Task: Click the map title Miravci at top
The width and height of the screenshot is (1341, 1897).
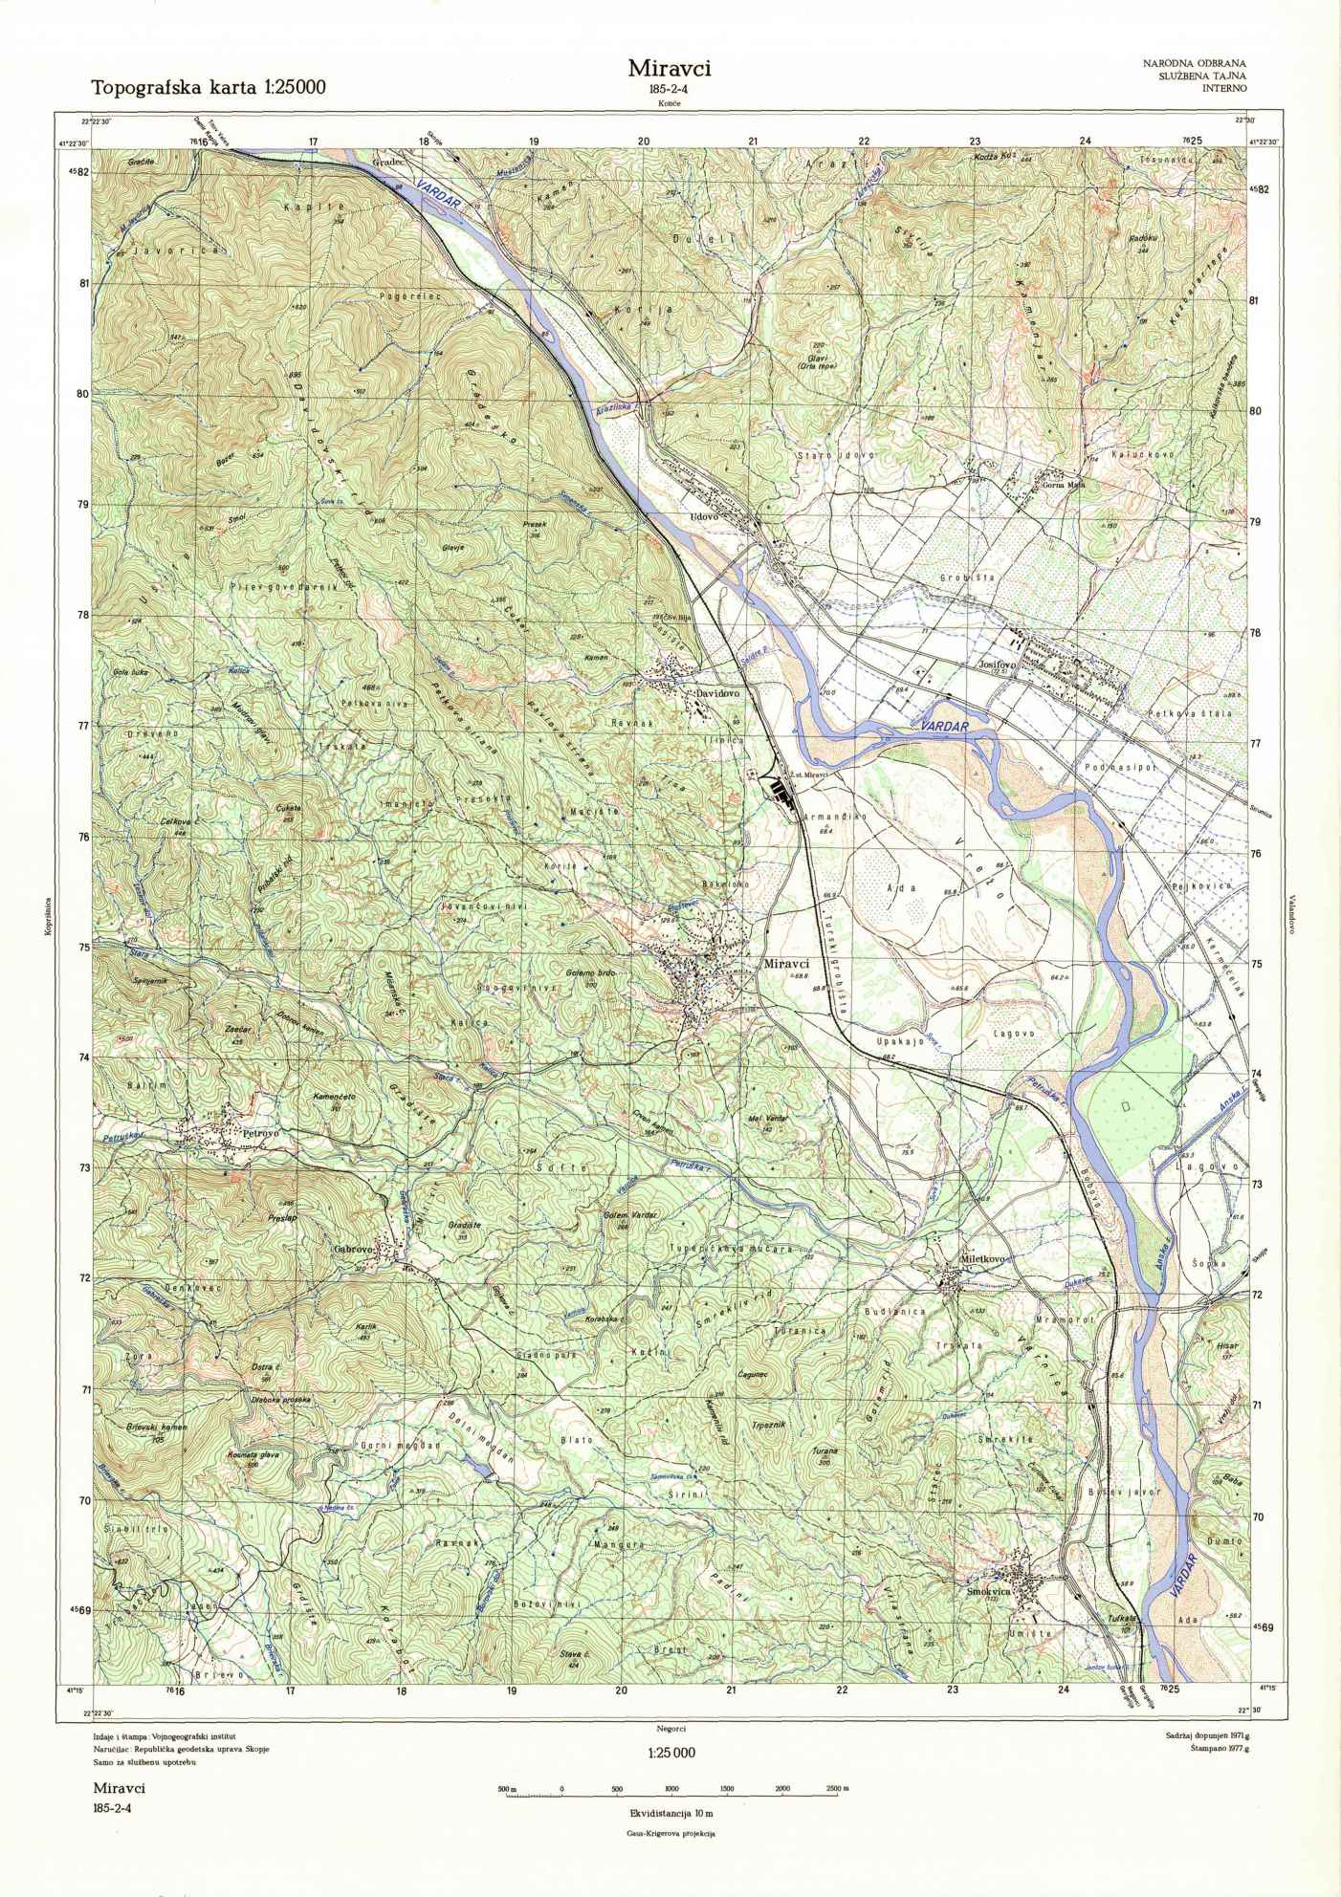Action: coord(670,68)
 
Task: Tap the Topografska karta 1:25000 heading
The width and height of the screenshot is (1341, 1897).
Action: coord(209,88)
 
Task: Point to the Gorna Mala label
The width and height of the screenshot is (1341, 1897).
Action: coord(1063,484)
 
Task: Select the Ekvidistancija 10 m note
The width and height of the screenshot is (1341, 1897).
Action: coord(670,1813)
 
